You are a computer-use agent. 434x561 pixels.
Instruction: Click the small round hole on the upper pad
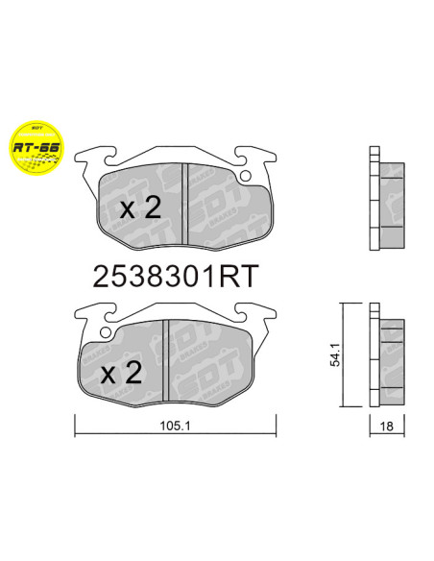(x=246, y=176)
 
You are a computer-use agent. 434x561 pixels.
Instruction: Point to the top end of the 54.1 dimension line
(x=343, y=305)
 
